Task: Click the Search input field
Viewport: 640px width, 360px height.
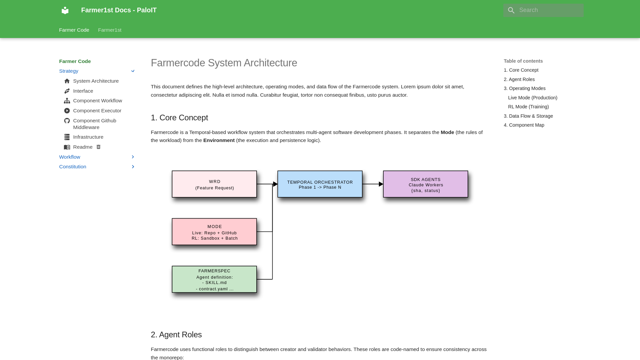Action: pos(550,10)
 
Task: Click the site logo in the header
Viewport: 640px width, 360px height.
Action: pos(65,10)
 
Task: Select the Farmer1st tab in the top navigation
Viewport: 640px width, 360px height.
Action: pos(109,30)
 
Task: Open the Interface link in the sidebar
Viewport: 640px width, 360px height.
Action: pos(83,91)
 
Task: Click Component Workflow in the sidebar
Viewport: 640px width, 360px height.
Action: pos(97,101)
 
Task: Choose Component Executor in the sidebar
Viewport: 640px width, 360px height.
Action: pos(97,111)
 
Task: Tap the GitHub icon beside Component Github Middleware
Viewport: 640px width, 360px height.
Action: pos(67,121)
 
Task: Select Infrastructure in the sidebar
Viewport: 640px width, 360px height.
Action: pos(88,137)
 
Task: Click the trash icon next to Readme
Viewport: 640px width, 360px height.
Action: pos(98,147)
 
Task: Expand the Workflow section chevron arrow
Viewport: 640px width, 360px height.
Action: pos(133,157)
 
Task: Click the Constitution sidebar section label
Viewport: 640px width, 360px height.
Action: pos(73,167)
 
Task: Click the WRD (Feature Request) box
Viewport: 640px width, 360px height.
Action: pos(214,184)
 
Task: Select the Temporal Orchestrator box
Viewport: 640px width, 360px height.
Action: pos(320,184)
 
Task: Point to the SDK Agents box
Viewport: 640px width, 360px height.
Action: pos(425,184)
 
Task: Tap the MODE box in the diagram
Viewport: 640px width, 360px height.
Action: pos(214,232)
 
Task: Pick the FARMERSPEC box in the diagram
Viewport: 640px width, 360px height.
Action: pos(214,279)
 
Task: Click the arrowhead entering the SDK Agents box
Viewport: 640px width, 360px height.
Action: pos(381,184)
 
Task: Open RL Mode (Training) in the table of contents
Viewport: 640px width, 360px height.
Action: pos(528,107)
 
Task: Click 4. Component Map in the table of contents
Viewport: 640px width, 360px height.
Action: pos(524,125)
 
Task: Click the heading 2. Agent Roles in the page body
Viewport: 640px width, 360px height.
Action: pos(176,335)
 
